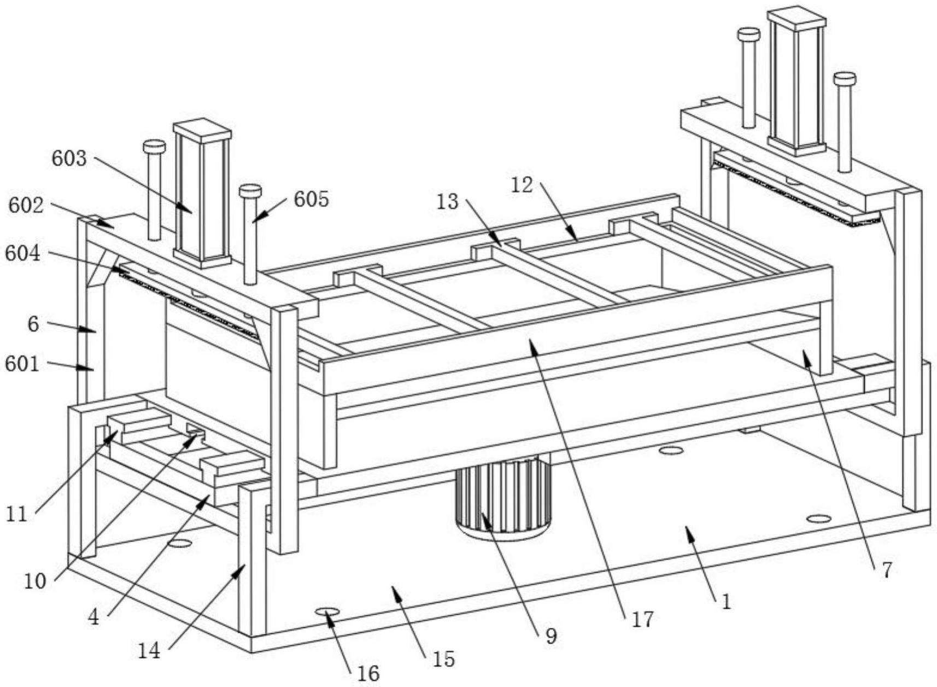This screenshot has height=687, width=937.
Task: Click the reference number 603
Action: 69,159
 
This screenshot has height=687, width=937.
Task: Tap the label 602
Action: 26,206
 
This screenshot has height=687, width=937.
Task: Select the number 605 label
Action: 311,200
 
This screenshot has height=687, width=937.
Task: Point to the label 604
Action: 22,253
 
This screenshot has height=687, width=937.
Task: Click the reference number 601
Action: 22,364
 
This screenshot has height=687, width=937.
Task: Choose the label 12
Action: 522,185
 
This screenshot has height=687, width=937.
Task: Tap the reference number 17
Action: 642,619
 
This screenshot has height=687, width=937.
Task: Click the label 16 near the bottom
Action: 368,673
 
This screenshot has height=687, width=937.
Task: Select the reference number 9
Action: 551,635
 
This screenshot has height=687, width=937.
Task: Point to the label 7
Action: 886,570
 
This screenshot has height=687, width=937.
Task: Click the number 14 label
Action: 149,650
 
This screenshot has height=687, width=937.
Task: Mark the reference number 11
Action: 16,514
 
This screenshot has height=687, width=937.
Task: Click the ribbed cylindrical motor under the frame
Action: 503,495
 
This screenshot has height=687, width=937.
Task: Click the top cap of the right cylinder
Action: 797,15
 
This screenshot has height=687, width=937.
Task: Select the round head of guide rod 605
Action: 250,191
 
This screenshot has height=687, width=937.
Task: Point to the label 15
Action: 443,659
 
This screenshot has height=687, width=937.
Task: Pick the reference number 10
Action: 34,581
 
